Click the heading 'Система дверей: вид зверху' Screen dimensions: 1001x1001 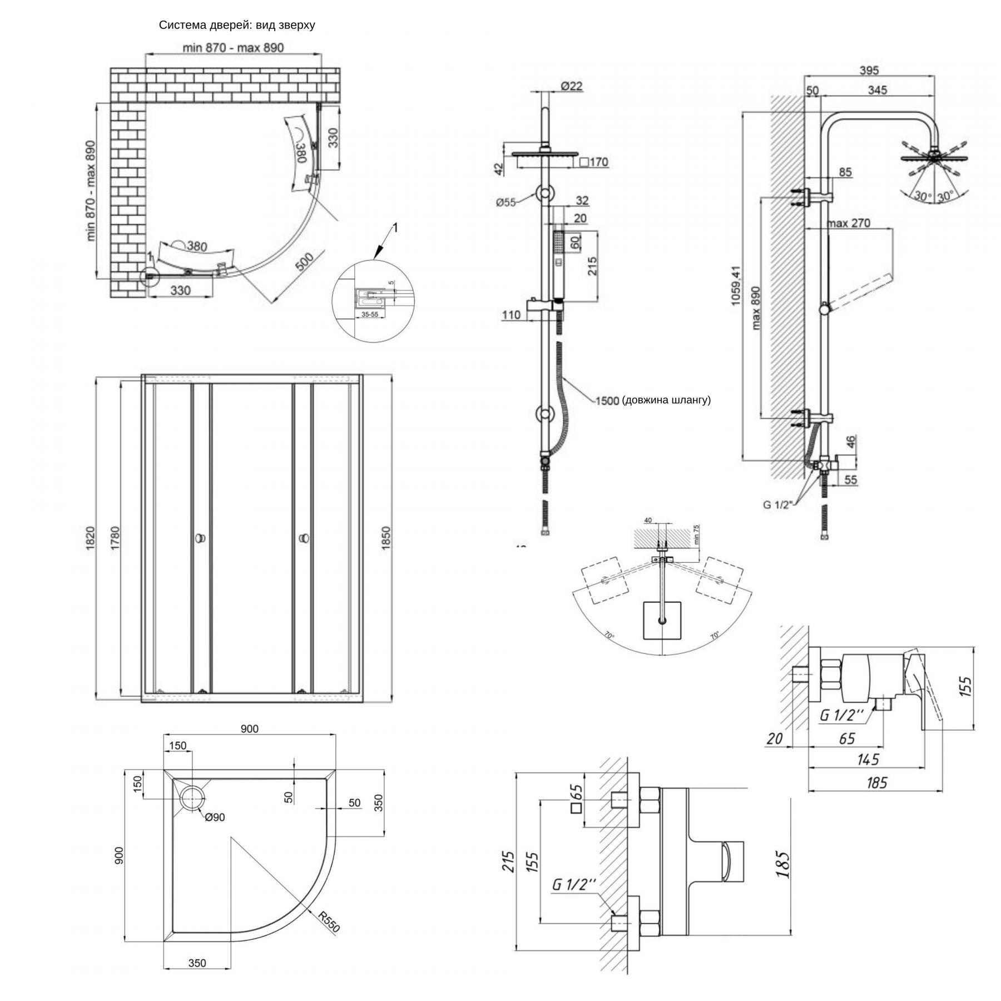tap(237, 25)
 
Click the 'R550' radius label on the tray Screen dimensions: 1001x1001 tap(329, 921)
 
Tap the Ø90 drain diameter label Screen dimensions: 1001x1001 tap(215, 817)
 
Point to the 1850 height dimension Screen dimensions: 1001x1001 tap(386, 538)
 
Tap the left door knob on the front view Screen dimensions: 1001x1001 tap(200, 538)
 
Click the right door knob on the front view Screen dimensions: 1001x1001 tap(304, 538)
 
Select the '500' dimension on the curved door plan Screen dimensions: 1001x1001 tap(304, 262)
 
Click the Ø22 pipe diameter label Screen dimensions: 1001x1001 tap(572, 86)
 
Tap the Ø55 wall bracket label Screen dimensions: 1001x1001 tap(506, 202)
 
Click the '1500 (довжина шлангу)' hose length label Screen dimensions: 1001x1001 tap(653, 400)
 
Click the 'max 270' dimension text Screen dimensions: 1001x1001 tap(849, 223)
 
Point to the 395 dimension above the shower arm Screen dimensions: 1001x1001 tap(869, 70)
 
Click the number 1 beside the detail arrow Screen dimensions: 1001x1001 tap(395, 227)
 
